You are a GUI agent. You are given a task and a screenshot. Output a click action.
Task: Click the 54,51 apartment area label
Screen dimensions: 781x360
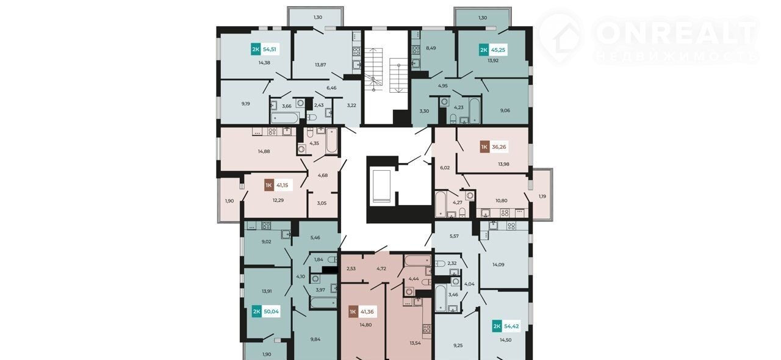[270, 49]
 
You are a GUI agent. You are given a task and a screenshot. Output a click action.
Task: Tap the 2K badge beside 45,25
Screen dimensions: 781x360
[484, 50]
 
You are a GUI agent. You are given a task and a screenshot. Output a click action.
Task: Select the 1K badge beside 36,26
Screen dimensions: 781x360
[484, 147]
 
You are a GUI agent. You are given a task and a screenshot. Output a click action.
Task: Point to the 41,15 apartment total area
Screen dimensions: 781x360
[282, 185]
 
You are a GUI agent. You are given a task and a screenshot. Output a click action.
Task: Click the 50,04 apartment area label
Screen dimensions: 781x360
[271, 311]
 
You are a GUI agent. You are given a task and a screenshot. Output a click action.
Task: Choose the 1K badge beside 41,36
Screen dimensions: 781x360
[353, 312]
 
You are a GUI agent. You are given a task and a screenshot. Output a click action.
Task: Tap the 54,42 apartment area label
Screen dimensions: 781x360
[511, 326]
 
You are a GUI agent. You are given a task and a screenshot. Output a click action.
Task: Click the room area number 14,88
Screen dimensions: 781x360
[264, 151]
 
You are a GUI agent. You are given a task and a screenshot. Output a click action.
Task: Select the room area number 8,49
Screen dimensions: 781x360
[431, 48]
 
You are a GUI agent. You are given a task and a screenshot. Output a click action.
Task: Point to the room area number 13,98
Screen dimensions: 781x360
[503, 164]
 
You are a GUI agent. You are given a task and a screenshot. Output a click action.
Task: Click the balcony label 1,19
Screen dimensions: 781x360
[542, 196]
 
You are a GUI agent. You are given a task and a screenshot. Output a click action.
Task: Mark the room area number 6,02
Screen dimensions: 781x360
[445, 167]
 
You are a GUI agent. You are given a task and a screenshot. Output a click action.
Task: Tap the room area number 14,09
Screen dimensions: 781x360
[498, 264]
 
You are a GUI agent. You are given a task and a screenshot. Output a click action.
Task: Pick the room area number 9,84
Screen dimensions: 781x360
[315, 339]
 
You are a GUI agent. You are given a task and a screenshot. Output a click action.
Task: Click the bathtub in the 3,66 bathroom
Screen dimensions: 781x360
[285, 118]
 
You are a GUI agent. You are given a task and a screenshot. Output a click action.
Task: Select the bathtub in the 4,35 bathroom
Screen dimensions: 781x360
[331, 140]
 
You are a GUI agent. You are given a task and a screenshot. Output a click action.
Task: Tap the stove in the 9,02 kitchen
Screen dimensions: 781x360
[266, 225]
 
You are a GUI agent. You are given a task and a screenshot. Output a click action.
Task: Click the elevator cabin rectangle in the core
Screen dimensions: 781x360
[381, 186]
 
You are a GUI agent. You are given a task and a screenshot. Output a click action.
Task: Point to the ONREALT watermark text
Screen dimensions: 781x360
[676, 32]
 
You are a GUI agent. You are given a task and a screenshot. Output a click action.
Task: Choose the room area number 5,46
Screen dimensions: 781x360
[315, 237]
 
